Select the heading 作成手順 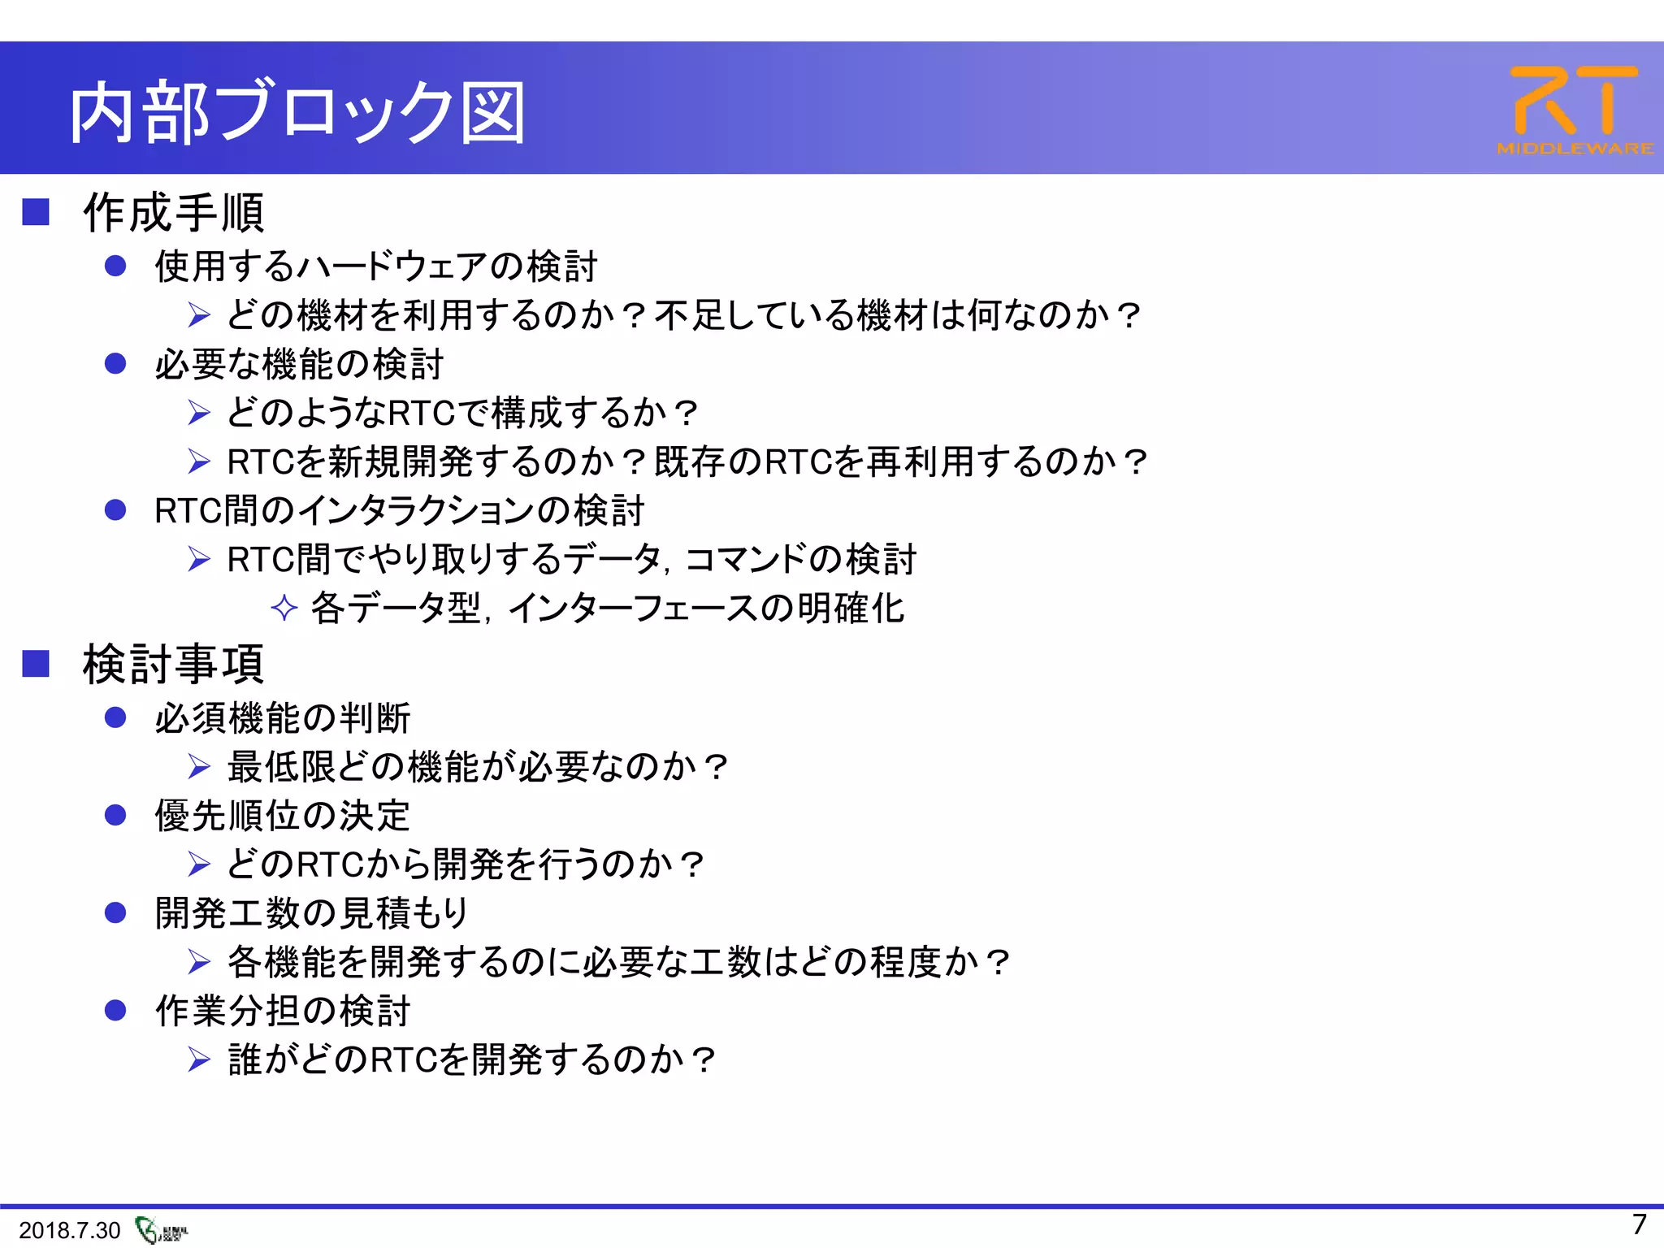[x=174, y=213]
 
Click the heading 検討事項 [x=174, y=664]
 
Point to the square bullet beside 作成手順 [x=36, y=212]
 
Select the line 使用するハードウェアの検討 [x=376, y=266]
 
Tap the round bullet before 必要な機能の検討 [x=115, y=363]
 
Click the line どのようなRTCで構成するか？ [x=461, y=413]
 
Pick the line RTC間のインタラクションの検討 [x=399, y=511]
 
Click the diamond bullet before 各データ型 [x=284, y=608]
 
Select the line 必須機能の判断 [x=283, y=718]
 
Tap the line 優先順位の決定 [x=283, y=816]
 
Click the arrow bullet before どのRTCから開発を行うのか [x=199, y=864]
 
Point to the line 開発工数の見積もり [x=312, y=913]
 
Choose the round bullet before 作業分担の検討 [x=115, y=1010]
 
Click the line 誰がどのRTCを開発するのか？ [x=471, y=1059]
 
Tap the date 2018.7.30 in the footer [x=69, y=1230]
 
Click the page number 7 [x=1639, y=1224]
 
